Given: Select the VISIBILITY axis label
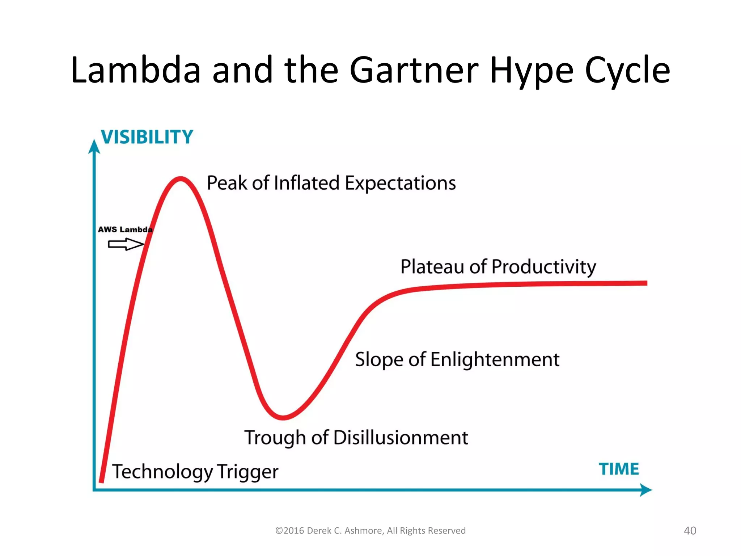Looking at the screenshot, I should [x=147, y=137].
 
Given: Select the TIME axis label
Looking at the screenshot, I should [x=619, y=469].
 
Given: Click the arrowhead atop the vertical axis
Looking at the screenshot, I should [x=94, y=147].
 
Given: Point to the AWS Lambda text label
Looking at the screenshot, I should [x=125, y=229].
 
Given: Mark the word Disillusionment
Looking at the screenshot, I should [x=401, y=438].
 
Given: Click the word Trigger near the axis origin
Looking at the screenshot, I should [x=248, y=472].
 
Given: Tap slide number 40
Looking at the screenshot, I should [x=690, y=531].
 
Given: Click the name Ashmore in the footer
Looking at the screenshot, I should [x=364, y=531].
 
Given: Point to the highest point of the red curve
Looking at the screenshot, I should [x=181, y=178].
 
